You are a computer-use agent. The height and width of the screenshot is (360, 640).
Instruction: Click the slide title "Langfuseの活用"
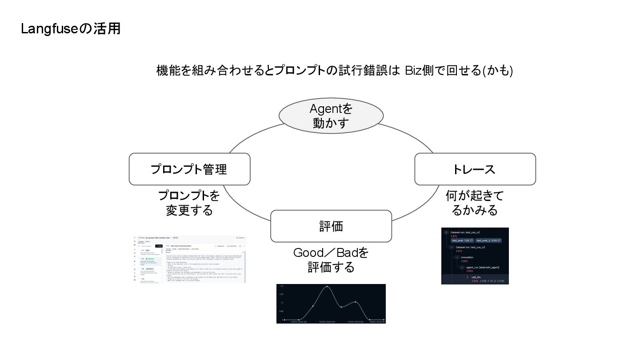pyautogui.click(x=71, y=29)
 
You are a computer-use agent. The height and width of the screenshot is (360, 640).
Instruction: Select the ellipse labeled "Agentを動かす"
pyautogui.click(x=331, y=116)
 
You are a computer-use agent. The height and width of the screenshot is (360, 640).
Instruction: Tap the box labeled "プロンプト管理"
pyautogui.click(x=189, y=169)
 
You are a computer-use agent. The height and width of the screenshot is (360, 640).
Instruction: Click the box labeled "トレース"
pyautogui.click(x=475, y=169)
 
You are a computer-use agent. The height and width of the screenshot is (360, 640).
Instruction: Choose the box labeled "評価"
pyautogui.click(x=331, y=226)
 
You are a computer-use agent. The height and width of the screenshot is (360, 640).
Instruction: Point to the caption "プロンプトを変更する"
pyautogui.click(x=189, y=203)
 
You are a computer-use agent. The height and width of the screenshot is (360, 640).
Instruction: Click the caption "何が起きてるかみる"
pyautogui.click(x=475, y=203)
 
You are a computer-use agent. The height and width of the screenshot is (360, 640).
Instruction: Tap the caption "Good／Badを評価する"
pyautogui.click(x=331, y=260)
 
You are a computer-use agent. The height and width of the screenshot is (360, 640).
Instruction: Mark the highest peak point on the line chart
pyautogui.click(x=327, y=287)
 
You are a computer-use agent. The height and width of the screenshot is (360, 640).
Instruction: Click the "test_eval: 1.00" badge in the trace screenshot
pyautogui.click(x=462, y=240)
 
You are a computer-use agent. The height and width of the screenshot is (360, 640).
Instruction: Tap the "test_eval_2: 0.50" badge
pyautogui.click(x=488, y=240)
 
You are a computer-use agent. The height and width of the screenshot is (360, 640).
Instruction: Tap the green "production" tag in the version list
pyautogui.click(x=149, y=258)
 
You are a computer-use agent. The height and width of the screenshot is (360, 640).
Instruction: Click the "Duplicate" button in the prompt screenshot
pyautogui.click(x=240, y=238)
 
